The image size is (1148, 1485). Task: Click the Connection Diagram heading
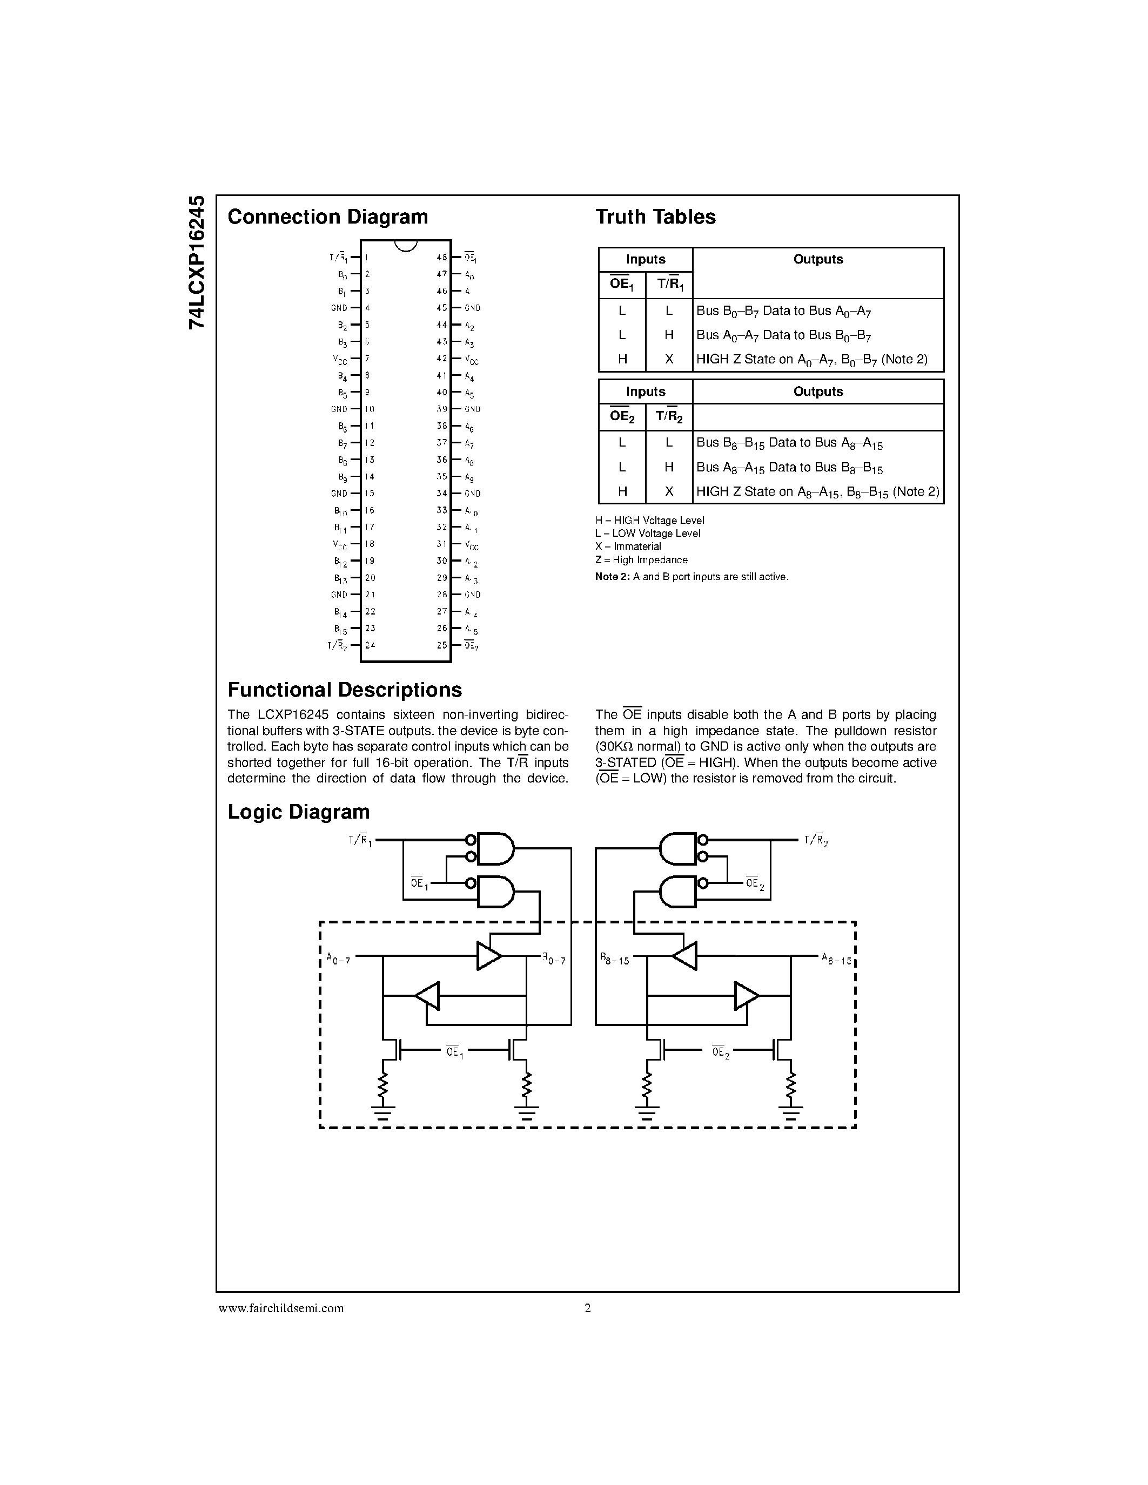(x=327, y=217)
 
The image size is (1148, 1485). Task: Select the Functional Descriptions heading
(x=344, y=690)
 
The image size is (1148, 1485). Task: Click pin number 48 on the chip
(x=441, y=258)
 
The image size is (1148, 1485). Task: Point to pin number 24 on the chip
(x=370, y=645)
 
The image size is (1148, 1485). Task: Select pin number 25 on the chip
(x=441, y=645)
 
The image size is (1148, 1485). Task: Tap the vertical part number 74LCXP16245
(x=197, y=262)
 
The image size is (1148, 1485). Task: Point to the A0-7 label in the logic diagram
(x=338, y=960)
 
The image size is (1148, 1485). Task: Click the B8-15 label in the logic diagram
(x=614, y=960)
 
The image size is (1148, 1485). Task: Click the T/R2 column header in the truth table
(x=668, y=417)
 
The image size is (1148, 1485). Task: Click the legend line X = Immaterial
(x=628, y=546)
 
